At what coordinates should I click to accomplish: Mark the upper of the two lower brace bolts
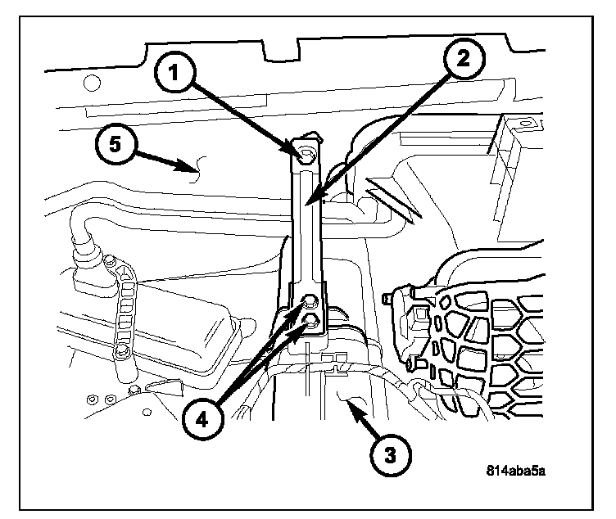point(311,300)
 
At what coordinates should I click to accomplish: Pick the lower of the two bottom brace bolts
point(312,318)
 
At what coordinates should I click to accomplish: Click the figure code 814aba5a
point(515,471)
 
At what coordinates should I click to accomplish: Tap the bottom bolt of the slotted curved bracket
point(123,352)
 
